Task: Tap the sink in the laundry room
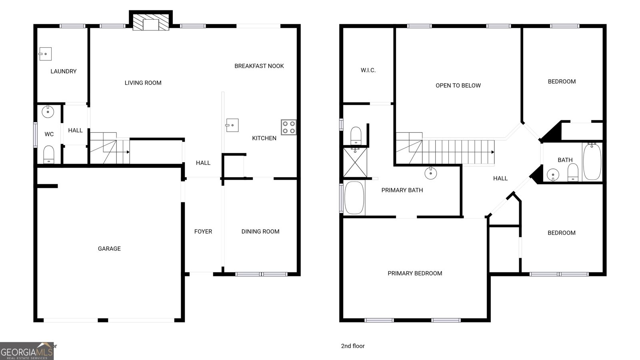pyautogui.click(x=46, y=54)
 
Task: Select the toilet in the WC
pyautogui.click(x=48, y=154)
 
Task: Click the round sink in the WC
pyautogui.click(x=48, y=112)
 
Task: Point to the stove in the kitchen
pyautogui.click(x=288, y=127)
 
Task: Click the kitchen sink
pyautogui.click(x=232, y=125)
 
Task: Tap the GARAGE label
pyautogui.click(x=109, y=248)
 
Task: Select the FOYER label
pyautogui.click(x=203, y=231)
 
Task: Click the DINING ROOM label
pyautogui.click(x=260, y=231)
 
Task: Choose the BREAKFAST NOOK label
pyautogui.click(x=259, y=66)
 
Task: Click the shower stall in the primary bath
pyautogui.click(x=355, y=162)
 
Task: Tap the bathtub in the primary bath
pyautogui.click(x=354, y=198)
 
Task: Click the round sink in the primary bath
pyautogui.click(x=430, y=173)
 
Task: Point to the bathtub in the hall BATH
pyautogui.click(x=592, y=161)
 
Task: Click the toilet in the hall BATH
pyautogui.click(x=573, y=172)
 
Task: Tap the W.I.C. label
pyautogui.click(x=368, y=70)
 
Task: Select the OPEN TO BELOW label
pyautogui.click(x=458, y=85)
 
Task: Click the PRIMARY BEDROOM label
pyautogui.click(x=415, y=273)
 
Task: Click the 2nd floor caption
pyautogui.click(x=353, y=346)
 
